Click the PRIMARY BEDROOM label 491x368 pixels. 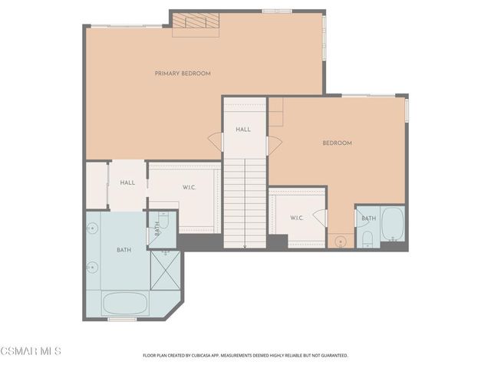183,74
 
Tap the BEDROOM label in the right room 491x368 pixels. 337,143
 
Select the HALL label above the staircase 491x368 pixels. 243,130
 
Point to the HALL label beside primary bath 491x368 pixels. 127,182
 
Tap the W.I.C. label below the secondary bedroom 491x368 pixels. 297,218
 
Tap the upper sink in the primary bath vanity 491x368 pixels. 92,228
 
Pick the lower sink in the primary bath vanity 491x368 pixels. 92,267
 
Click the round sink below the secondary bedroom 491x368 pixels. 340,242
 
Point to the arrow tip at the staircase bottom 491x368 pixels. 245,247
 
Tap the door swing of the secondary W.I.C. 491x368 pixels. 320,219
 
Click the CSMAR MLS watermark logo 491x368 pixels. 31,351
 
